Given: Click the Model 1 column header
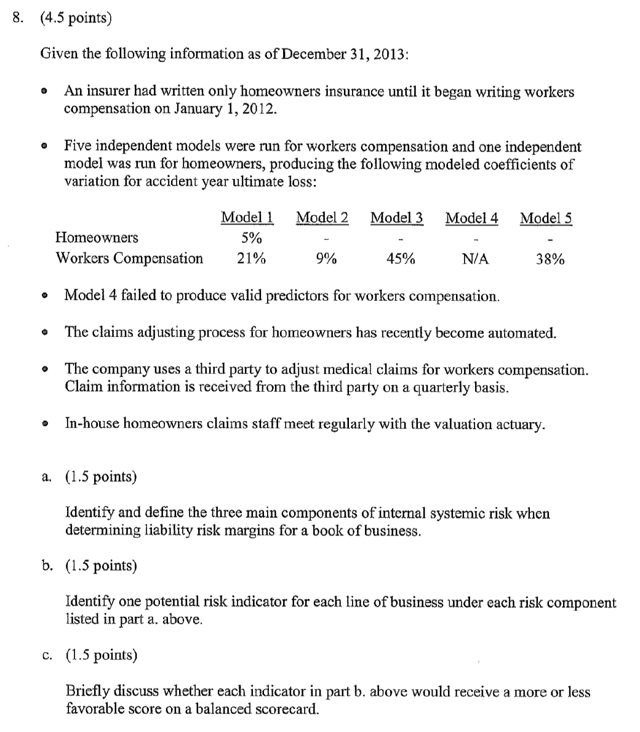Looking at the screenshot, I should coord(247,218).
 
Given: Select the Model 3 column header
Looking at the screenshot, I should coord(397,218).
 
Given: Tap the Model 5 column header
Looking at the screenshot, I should coord(546,218).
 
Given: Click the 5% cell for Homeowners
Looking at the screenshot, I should coord(251,237).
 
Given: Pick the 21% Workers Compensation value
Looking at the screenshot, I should coord(251,258).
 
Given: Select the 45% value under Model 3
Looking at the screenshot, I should coord(401,258).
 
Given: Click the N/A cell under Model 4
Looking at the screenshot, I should coord(475,258).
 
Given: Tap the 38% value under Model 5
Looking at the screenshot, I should coord(550,258).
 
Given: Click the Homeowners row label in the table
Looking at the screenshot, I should coord(97,237).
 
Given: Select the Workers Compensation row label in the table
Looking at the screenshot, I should coord(129,258).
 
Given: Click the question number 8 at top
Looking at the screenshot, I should coord(17,18).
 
